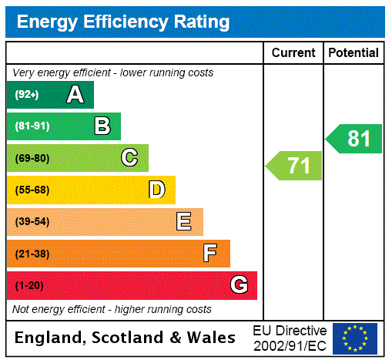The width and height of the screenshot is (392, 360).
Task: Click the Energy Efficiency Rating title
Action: [x=123, y=22]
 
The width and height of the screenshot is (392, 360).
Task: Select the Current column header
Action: [x=293, y=53]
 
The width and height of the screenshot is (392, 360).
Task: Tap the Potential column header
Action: [x=353, y=53]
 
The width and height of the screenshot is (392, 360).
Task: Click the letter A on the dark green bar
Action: [x=75, y=95]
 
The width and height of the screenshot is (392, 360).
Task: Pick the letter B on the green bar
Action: [x=102, y=126]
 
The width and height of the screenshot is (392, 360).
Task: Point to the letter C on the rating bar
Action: [x=129, y=158]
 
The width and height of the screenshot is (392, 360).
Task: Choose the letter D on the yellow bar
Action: [x=156, y=190]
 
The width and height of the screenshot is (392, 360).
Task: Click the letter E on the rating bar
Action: [x=184, y=222]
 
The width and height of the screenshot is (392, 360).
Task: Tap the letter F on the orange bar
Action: [x=210, y=254]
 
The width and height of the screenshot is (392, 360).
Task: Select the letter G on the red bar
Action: [x=239, y=285]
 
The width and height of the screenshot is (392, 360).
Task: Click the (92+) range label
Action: [x=27, y=96]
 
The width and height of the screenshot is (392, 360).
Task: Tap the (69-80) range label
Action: [x=32, y=159]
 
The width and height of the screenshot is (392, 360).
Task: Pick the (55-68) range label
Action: [x=32, y=190]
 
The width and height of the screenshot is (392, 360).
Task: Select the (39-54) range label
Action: [x=32, y=222]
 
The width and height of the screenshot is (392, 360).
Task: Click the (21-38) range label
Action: [x=32, y=254]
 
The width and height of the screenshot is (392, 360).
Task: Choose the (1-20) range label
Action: [x=29, y=286]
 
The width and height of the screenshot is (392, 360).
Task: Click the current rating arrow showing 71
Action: [x=294, y=166]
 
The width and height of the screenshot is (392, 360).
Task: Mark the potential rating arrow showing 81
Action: [x=354, y=139]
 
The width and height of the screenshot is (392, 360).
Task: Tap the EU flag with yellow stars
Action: [x=355, y=338]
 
